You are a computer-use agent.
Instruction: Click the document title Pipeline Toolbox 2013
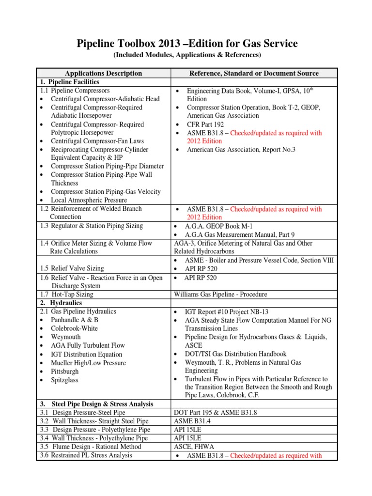pos(186,45)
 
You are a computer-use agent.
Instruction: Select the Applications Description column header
pos(103,73)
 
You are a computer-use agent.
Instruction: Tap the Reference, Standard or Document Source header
pos(253,73)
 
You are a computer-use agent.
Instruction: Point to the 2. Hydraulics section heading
pos(61,303)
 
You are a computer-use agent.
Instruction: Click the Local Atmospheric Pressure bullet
pos(89,200)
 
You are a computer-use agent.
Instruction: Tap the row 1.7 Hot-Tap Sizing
pos(66,294)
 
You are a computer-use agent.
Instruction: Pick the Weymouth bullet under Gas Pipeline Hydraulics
pos(66,337)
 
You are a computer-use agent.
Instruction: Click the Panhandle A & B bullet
pos(74,320)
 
